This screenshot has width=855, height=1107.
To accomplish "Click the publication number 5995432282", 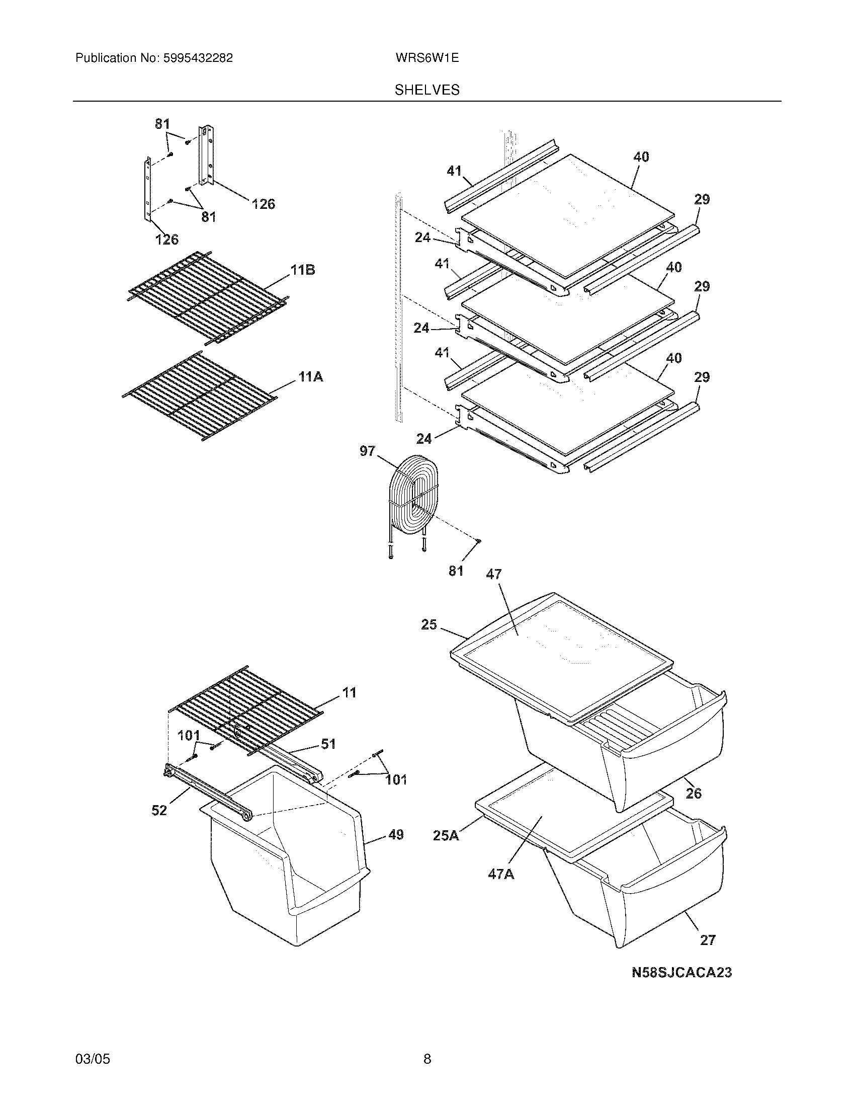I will pyautogui.click(x=198, y=58).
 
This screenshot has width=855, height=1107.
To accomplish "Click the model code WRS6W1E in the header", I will pyautogui.click(x=427, y=58).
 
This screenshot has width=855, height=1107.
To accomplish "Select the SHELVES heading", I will pyautogui.click(x=427, y=90).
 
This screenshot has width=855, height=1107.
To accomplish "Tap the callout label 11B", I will pyautogui.click(x=302, y=270).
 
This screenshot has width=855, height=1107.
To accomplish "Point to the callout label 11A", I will pyautogui.click(x=310, y=376).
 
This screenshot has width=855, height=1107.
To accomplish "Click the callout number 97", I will pyautogui.click(x=368, y=451).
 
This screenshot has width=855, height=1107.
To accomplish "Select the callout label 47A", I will pyautogui.click(x=501, y=874).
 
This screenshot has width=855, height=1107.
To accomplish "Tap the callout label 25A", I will pyautogui.click(x=446, y=835).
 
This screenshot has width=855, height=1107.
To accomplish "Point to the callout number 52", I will pyautogui.click(x=159, y=811).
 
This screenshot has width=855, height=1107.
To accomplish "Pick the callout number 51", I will pyautogui.click(x=328, y=744).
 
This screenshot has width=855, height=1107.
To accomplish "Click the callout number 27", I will pyautogui.click(x=708, y=940).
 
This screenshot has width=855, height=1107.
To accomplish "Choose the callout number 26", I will pyautogui.click(x=694, y=793).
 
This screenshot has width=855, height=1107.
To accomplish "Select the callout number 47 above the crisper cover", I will pyautogui.click(x=493, y=574).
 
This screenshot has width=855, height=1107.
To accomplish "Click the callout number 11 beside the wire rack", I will pyautogui.click(x=349, y=692).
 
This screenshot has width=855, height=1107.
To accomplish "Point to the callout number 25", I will pyautogui.click(x=429, y=625).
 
